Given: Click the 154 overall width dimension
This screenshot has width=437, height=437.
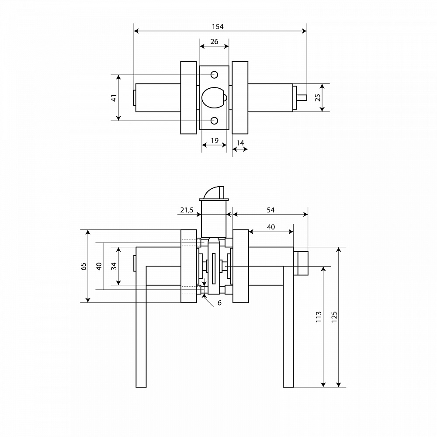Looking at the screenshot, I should (x=217, y=27).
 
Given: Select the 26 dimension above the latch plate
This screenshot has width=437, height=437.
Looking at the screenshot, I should (x=214, y=42).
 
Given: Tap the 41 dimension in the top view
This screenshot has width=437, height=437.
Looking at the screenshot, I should (x=114, y=98).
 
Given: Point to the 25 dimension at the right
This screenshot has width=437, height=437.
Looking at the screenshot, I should (x=318, y=97).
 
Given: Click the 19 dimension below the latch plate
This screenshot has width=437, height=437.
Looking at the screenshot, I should (x=215, y=140).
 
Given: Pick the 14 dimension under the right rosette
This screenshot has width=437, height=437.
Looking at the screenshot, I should (x=240, y=143).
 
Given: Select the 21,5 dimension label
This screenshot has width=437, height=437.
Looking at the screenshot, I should (x=187, y=210).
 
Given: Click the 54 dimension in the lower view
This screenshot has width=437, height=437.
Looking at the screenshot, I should (x=271, y=210).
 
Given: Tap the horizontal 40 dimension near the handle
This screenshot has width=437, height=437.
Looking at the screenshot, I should (x=271, y=227).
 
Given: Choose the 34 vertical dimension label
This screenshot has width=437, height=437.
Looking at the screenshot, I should (x=114, y=266).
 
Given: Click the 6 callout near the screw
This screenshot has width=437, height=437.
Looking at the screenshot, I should (x=219, y=302).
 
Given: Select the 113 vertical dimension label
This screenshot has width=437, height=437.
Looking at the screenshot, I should (x=319, y=317).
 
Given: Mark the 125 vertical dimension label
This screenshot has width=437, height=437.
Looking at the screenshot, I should (x=334, y=317).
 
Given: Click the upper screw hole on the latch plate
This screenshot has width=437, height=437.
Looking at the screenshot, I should (x=214, y=75).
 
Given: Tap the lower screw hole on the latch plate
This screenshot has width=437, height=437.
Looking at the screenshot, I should (x=214, y=121).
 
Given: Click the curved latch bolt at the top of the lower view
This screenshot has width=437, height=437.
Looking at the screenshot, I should (x=212, y=192).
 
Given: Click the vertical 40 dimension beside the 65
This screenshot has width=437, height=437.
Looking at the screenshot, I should (x=99, y=266).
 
